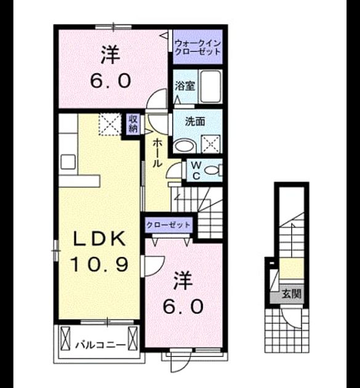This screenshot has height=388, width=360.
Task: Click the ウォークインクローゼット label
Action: point(198,47)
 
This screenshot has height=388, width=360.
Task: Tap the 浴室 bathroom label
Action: point(185,86)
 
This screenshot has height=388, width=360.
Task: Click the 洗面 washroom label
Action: point(195,121)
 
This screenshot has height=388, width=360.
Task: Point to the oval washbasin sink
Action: point(183,146)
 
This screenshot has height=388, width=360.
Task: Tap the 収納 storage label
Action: point(133,124)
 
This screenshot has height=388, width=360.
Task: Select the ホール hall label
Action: point(157,153)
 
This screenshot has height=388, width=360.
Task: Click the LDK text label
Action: point(100,240)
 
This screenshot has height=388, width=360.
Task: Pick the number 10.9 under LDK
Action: point(100,264)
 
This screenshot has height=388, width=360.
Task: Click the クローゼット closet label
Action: point(168,225)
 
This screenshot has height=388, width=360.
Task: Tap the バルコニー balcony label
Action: point(100,344)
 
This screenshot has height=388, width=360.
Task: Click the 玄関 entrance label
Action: point(292,294)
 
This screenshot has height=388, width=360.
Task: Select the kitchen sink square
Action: point(68,161)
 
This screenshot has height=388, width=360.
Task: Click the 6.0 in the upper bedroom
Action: point(110,81)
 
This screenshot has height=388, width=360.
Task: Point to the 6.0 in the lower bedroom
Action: point(183,307)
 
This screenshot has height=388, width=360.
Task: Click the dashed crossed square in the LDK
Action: point(110,124)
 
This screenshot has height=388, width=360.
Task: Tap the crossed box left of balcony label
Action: point(65,338)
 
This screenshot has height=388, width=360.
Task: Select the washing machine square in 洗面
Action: point(210,144)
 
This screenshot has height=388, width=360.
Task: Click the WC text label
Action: point(196,170)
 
